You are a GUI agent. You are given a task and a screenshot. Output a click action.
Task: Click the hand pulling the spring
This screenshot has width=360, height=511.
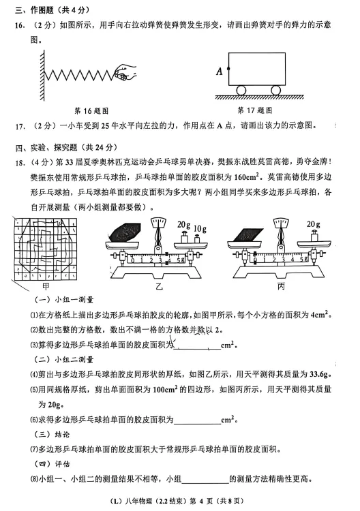click(x=124, y=69)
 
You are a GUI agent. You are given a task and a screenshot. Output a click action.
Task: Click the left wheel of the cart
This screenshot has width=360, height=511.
click(x=241, y=89)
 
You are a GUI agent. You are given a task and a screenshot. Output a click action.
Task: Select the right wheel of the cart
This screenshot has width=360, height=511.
click(x=275, y=89)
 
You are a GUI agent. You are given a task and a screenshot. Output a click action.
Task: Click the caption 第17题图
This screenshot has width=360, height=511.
click(x=255, y=110)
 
